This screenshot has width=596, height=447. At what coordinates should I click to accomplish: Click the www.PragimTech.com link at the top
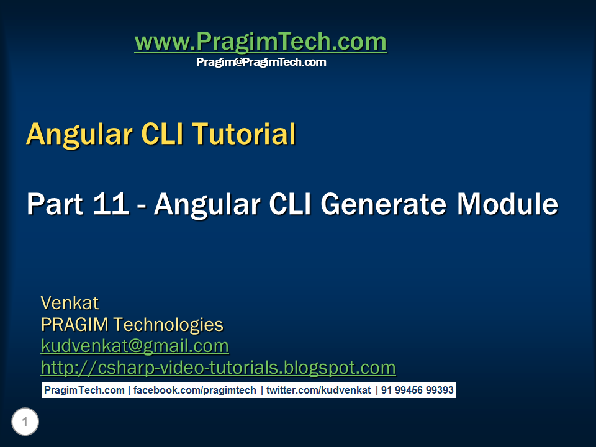(x=260, y=42)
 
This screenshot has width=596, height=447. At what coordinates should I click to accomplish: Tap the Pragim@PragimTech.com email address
(x=261, y=62)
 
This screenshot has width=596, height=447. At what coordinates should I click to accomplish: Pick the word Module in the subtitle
(x=507, y=204)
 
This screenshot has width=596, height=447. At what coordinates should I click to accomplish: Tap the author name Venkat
(x=70, y=303)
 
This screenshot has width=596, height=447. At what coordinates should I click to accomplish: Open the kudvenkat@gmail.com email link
(x=135, y=346)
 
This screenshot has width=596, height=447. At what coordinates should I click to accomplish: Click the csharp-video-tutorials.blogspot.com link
(x=218, y=368)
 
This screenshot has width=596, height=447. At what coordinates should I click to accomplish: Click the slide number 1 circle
(x=25, y=423)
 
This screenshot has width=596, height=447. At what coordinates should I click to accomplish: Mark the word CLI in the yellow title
(x=158, y=135)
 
